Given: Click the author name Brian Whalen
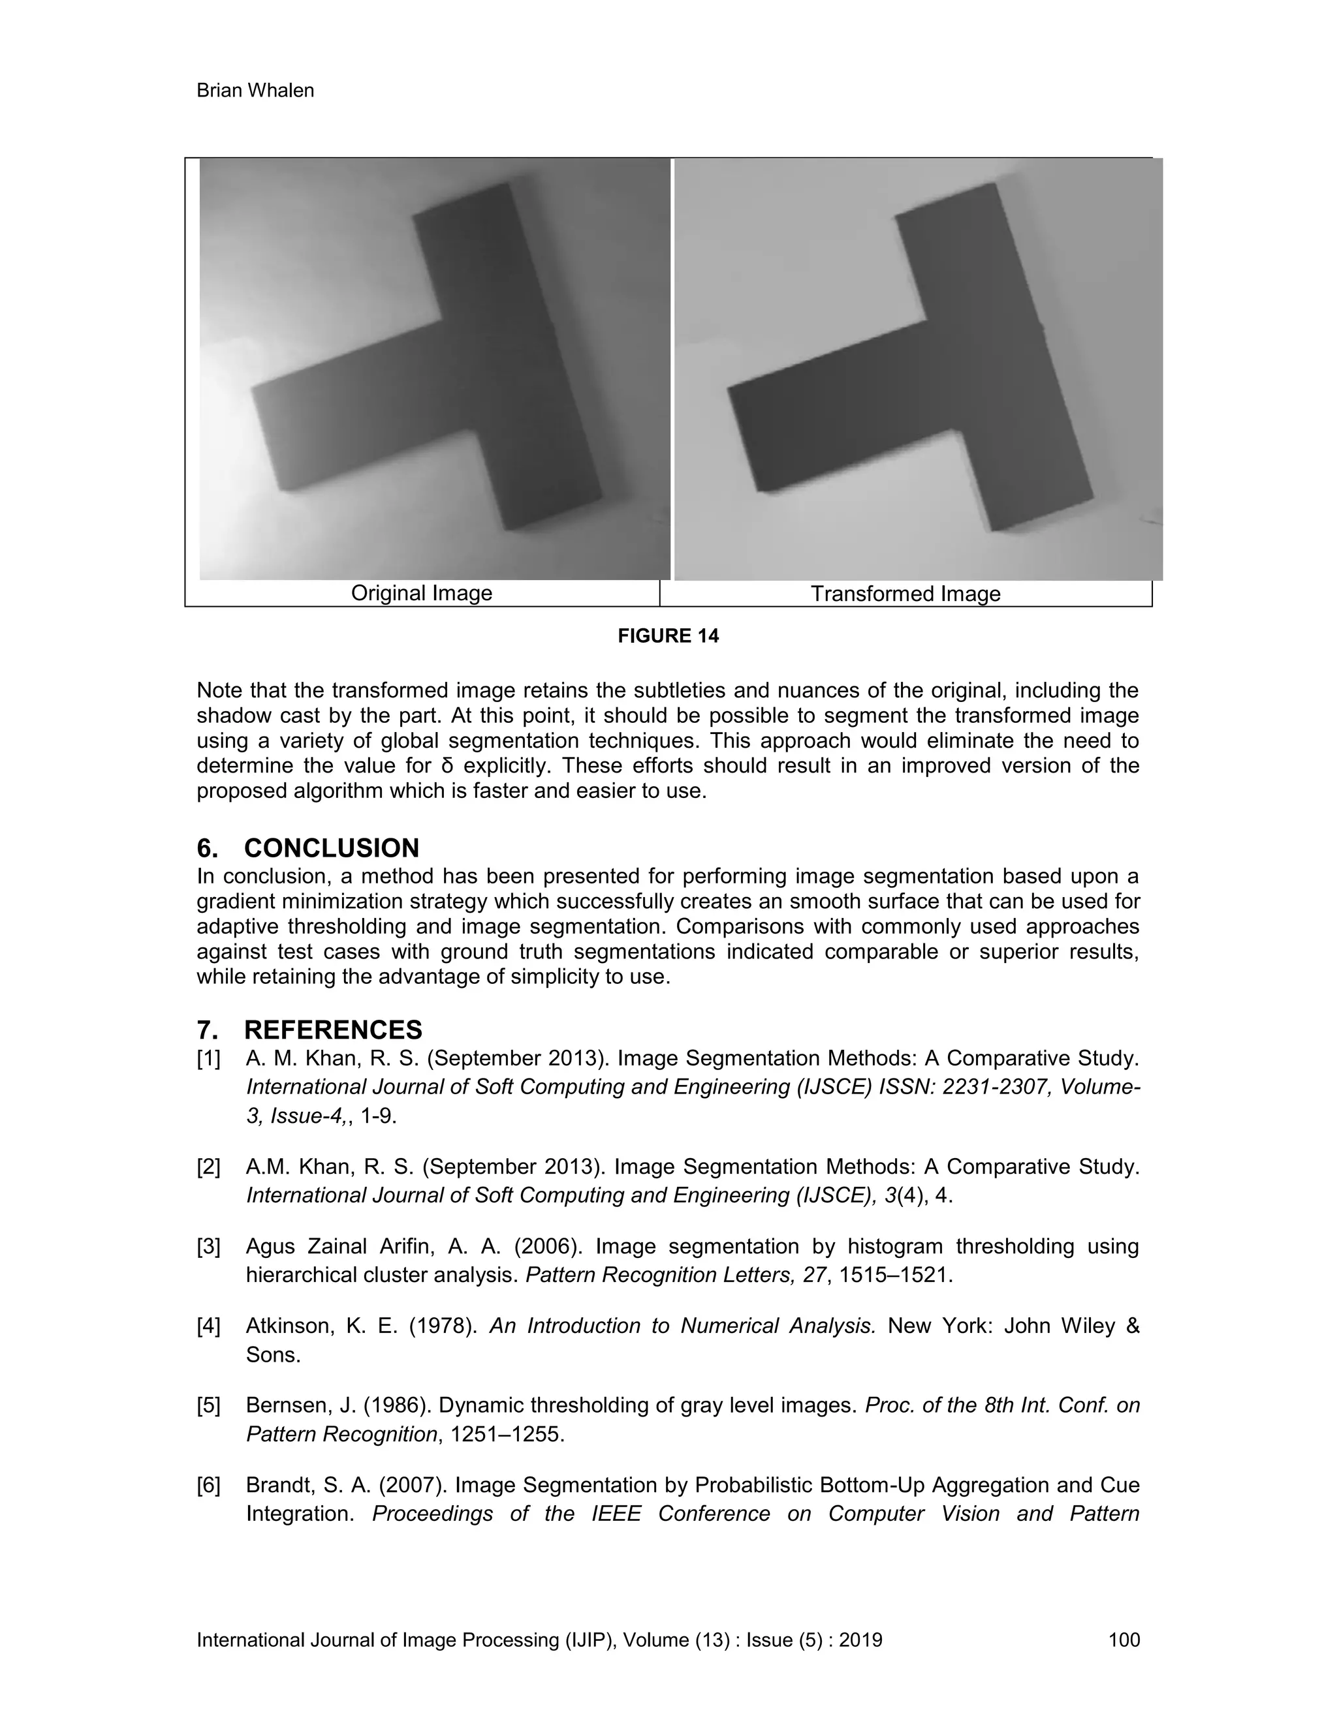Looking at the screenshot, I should (x=255, y=91).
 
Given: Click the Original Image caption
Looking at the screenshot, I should (x=421, y=593).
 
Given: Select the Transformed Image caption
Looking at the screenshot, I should (x=905, y=594).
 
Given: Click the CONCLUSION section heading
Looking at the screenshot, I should (x=331, y=848).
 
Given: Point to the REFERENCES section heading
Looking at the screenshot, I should (x=333, y=1030).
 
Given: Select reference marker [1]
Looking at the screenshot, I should (x=208, y=1059).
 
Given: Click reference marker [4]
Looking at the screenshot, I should (x=208, y=1326).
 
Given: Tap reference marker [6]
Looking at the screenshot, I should (x=208, y=1486).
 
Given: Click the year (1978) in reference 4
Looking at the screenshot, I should (x=442, y=1326).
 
